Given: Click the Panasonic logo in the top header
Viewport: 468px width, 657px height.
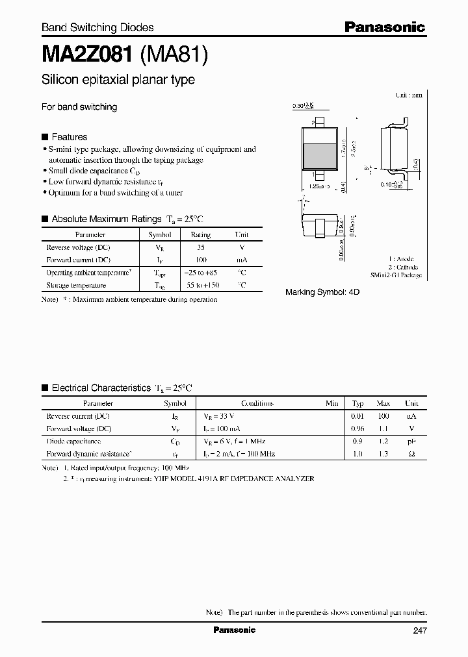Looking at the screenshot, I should (x=384, y=27).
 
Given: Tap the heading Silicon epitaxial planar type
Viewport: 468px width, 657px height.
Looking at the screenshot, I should (x=118, y=80).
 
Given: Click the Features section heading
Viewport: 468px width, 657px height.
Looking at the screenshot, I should (x=69, y=137).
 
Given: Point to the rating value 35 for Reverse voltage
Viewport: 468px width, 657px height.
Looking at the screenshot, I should (x=200, y=247).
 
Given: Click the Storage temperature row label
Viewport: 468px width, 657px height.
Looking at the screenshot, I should (x=76, y=285).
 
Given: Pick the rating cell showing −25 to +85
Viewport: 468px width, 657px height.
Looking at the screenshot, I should (x=200, y=273).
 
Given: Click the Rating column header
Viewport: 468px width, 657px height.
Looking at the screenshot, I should (x=200, y=235).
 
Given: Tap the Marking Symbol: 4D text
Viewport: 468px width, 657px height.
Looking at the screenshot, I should (x=322, y=293).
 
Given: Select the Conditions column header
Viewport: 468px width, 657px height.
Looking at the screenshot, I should (x=257, y=403).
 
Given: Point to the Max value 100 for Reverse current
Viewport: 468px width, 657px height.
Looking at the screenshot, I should (x=383, y=415).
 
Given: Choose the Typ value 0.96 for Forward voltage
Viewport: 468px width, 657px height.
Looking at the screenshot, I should (x=357, y=428).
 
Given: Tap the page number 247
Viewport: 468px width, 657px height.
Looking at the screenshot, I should (x=419, y=630).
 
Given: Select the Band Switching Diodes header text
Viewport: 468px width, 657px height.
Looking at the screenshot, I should (x=97, y=27).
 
